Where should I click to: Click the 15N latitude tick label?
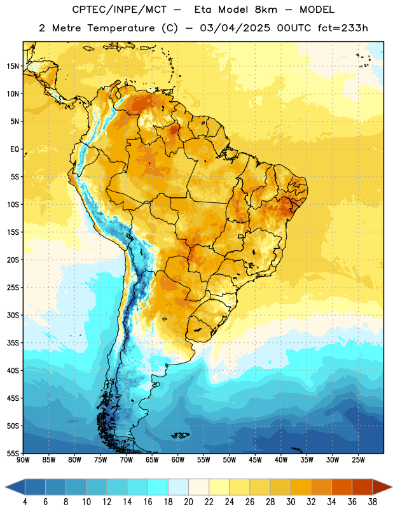[13, 66]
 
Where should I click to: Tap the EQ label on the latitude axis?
[15, 150]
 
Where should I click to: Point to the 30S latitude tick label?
[13, 315]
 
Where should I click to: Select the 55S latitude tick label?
[13, 454]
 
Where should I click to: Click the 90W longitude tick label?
[24, 459]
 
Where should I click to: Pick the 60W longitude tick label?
[178, 459]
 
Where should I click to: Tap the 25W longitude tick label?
[358, 459]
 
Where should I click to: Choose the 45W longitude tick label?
[255, 459]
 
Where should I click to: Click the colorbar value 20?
[188, 502]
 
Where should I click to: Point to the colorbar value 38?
[373, 502]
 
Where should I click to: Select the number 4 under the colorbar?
[25, 502]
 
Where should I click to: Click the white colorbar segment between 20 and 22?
[198, 487]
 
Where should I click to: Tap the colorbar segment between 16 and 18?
[158, 487]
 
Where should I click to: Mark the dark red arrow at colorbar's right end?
[382, 487]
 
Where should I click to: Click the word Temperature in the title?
[121, 28]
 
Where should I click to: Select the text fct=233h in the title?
[343, 28]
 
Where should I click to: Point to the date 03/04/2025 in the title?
[235, 28]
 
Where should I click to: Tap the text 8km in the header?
[266, 10]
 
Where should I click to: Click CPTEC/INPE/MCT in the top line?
[120, 10]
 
